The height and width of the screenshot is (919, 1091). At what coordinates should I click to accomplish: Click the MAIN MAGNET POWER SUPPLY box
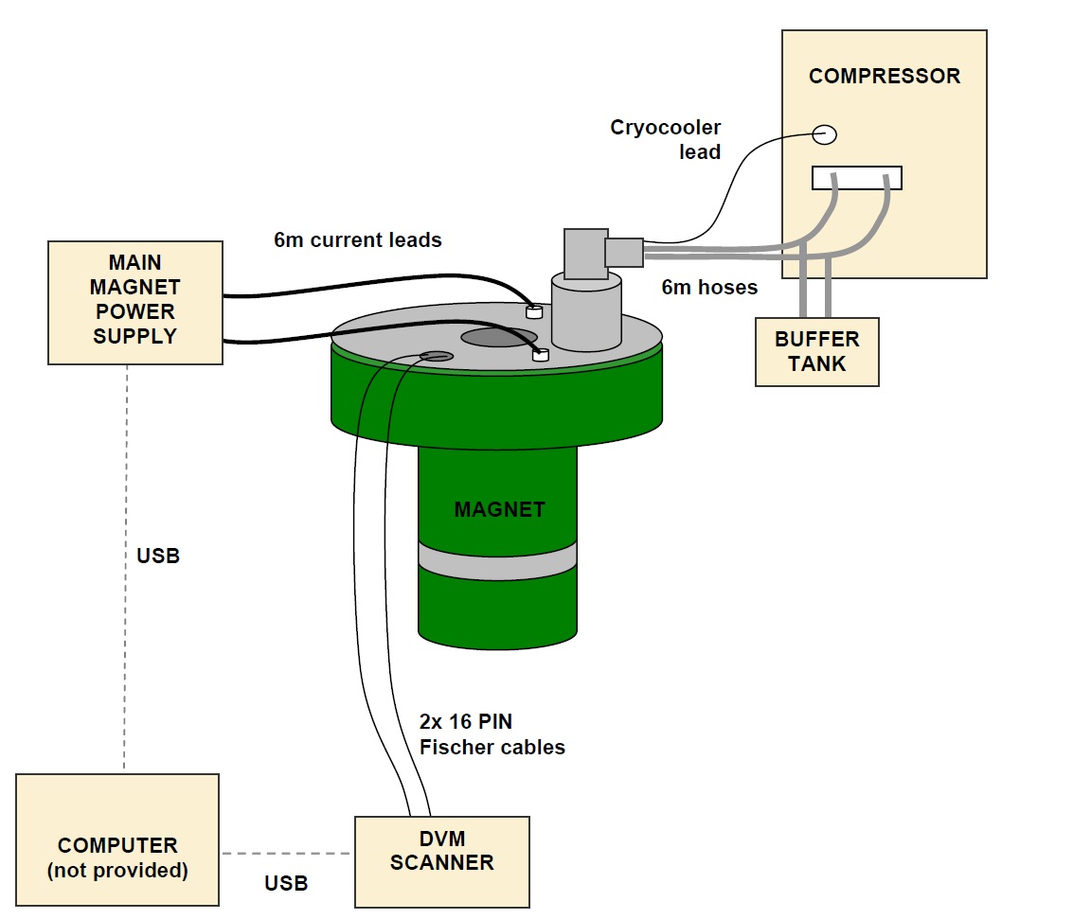135,302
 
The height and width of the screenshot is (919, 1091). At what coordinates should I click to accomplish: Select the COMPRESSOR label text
884,77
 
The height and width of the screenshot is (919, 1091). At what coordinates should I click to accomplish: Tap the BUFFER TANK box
816,351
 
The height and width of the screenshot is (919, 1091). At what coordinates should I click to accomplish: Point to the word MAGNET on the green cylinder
499,509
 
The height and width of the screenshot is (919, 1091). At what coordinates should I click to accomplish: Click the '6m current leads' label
358,240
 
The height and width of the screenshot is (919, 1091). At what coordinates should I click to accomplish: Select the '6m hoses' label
709,287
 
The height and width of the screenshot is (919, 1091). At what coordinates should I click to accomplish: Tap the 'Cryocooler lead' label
665,139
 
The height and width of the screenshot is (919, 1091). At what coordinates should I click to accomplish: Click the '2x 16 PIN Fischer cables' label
492,734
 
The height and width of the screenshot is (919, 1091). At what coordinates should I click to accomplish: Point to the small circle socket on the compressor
825,135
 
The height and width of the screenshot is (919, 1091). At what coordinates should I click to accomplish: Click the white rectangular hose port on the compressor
856,178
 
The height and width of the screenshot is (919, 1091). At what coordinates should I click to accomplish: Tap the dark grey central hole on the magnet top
499,338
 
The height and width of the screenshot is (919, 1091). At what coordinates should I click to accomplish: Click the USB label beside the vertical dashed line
158,557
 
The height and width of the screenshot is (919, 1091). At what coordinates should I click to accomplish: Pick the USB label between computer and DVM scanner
286,883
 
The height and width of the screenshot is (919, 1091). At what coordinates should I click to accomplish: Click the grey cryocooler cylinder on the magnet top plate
585,313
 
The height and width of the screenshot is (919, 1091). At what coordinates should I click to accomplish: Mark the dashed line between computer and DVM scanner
286,854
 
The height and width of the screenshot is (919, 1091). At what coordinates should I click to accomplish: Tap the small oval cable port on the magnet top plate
437,356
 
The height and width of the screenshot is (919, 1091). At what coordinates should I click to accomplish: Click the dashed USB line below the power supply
125,568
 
